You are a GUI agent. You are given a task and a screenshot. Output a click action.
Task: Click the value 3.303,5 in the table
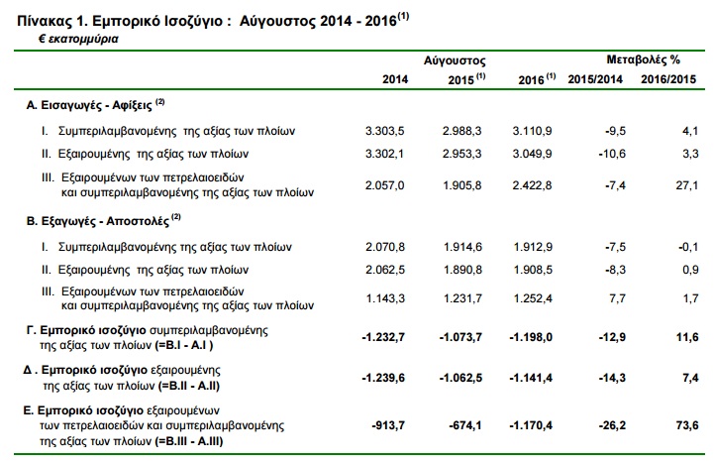click(384, 131)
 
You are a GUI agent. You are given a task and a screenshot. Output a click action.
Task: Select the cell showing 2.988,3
click(461, 131)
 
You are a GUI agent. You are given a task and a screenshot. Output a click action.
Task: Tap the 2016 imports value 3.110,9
click(532, 131)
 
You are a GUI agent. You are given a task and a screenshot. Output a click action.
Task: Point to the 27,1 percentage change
click(687, 185)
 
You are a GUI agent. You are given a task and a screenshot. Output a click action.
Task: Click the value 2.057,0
click(384, 185)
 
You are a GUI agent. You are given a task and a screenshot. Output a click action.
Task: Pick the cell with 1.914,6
click(462, 247)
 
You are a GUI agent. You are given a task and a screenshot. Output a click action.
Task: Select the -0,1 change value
click(688, 247)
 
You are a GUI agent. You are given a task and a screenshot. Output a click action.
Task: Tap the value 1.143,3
click(385, 298)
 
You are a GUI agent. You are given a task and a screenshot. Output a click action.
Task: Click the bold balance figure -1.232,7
click(383, 337)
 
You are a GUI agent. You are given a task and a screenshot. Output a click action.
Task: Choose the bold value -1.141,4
click(531, 378)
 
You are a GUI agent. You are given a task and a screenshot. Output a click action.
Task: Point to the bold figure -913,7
click(388, 425)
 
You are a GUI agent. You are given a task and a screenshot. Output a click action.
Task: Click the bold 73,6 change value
click(687, 425)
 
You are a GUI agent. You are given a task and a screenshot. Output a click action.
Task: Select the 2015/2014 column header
click(595, 79)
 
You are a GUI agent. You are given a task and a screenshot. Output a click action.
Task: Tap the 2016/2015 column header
click(668, 79)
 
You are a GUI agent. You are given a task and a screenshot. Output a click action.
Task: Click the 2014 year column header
click(395, 79)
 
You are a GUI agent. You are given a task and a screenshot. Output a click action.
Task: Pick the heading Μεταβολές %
click(643, 59)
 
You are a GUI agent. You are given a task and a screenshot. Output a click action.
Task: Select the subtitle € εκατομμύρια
click(78, 40)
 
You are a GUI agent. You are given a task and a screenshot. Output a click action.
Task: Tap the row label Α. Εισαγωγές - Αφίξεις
click(89, 105)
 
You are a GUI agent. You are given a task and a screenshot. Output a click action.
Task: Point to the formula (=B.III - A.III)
click(188, 441)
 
